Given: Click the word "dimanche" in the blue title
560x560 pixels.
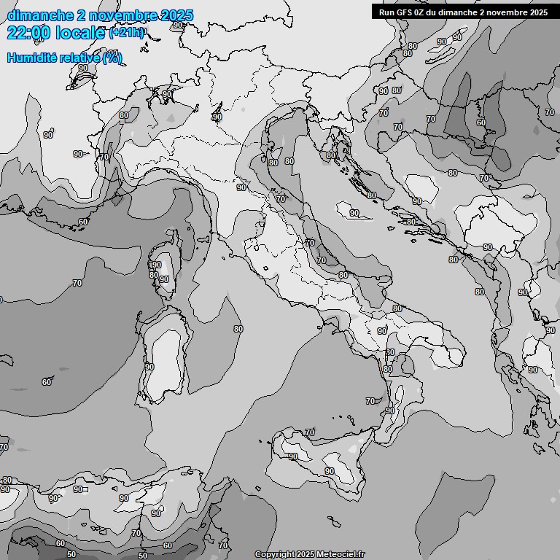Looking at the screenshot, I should pyautogui.click(x=41, y=15).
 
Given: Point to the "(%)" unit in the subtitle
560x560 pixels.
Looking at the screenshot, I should pyautogui.click(x=112, y=58).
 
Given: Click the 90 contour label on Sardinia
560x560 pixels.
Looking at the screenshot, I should pyautogui.click(x=149, y=367).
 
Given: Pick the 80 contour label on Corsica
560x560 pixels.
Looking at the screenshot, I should pyautogui.click(x=153, y=274).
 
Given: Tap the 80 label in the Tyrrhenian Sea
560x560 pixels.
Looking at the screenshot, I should pyautogui.click(x=238, y=329).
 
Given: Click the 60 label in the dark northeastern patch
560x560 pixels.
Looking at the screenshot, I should pyautogui.click(x=481, y=122).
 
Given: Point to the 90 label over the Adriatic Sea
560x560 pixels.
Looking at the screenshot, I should pyautogui.click(x=354, y=213).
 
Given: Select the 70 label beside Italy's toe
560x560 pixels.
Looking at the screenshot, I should pyautogui.click(x=370, y=401).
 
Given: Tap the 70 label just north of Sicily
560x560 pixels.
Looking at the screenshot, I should pyautogui.click(x=310, y=432).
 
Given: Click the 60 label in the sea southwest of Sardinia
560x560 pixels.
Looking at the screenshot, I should pyautogui.click(x=47, y=381).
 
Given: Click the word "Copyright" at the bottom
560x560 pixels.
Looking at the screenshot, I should pyautogui.click(x=274, y=554).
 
